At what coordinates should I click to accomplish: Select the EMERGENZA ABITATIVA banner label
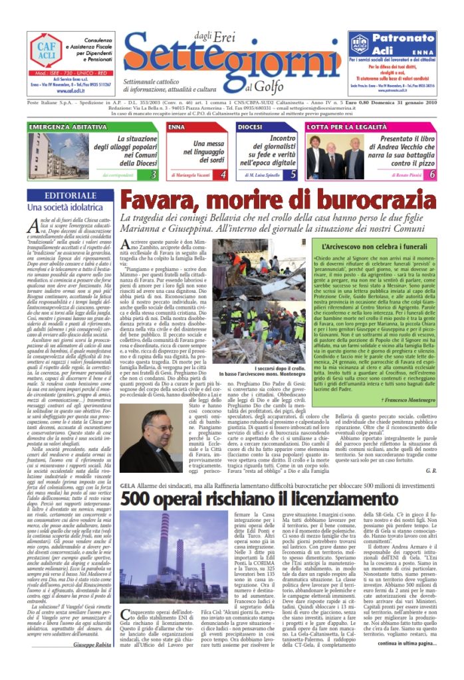(62, 126)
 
